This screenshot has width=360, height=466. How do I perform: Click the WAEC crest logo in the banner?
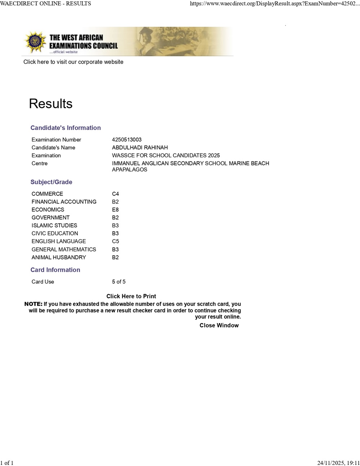(x=35, y=42)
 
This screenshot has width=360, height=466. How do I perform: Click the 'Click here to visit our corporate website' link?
(x=73, y=62)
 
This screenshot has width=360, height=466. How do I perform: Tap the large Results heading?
(x=51, y=104)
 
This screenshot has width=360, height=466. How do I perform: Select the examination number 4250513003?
(x=127, y=140)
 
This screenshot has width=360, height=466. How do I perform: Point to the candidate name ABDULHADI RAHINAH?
(x=140, y=148)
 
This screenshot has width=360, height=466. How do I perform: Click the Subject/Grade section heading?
(x=51, y=182)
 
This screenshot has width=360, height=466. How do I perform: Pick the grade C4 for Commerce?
(x=115, y=194)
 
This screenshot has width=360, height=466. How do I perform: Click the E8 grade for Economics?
(x=115, y=210)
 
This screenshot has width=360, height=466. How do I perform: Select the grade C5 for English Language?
(x=115, y=241)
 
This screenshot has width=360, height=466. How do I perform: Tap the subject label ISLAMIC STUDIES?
(x=54, y=225)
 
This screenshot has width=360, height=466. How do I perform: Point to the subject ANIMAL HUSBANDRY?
(x=59, y=257)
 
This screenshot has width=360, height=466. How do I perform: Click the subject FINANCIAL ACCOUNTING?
(x=64, y=202)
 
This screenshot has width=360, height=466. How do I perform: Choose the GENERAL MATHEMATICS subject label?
(x=64, y=250)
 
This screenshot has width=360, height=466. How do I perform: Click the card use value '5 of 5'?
(x=119, y=282)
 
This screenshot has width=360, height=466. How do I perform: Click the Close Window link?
(x=219, y=326)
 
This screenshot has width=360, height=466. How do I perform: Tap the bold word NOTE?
(x=33, y=304)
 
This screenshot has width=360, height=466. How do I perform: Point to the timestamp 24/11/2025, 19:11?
(x=338, y=463)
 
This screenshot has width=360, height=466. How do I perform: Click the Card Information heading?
(x=55, y=270)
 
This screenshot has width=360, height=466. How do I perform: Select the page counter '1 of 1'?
(x=7, y=463)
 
